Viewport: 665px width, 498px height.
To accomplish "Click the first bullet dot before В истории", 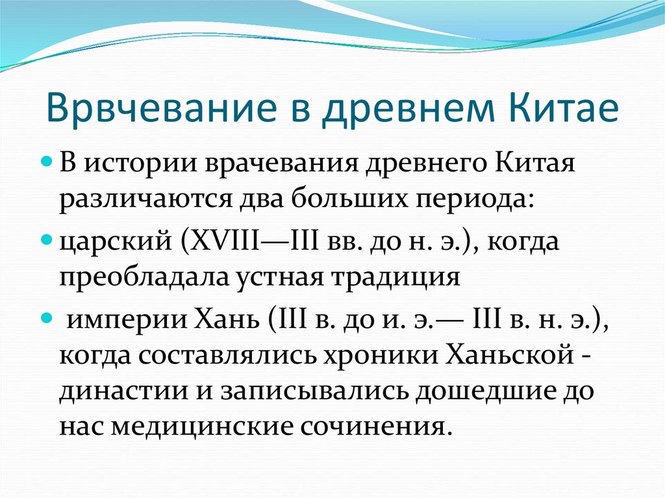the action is tap(47, 162).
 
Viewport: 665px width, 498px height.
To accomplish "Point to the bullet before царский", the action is tap(47, 240).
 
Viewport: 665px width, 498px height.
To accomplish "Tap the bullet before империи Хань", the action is tap(47, 318).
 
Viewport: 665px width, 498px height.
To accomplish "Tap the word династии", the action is tap(123, 392).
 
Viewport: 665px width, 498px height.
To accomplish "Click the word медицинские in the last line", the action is tap(202, 428).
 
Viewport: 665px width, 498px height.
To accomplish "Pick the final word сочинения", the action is tap(374, 429).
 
